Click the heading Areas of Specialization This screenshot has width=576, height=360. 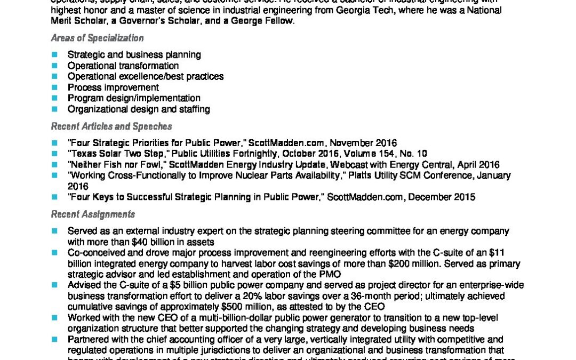coord(97,38)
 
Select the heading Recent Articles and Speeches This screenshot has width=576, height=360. coord(111,126)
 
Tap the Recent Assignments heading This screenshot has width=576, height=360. coord(93,214)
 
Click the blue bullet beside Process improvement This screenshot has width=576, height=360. coord(54,87)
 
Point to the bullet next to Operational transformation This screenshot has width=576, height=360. coord(54,66)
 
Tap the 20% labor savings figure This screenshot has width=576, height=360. coord(345,296)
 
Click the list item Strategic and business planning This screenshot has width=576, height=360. coord(134,54)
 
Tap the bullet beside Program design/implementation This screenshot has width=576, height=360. coord(54,98)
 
